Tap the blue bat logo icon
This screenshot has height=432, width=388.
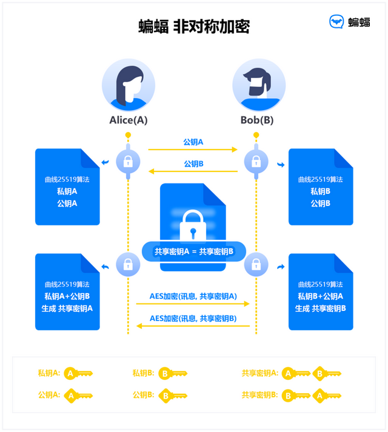point(336,22)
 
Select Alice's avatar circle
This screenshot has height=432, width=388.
point(128,85)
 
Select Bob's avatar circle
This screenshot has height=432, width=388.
point(258,85)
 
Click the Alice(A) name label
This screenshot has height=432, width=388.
point(128,120)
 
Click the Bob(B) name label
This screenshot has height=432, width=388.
point(257,120)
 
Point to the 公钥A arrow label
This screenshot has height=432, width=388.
point(193,142)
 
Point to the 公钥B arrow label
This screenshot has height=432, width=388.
point(193,164)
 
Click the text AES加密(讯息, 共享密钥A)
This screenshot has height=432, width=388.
point(193,296)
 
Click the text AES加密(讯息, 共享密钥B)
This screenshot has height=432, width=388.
point(193,318)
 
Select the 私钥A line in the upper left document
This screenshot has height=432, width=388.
point(67,191)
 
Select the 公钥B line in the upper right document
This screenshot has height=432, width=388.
point(320,204)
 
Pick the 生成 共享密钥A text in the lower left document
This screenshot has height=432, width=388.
point(67,308)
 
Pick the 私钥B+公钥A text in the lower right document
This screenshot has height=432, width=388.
point(320,296)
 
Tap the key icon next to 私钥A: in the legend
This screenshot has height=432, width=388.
point(78,374)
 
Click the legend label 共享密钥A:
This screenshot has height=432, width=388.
point(259,373)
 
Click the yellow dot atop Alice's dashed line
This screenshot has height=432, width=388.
point(128,135)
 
